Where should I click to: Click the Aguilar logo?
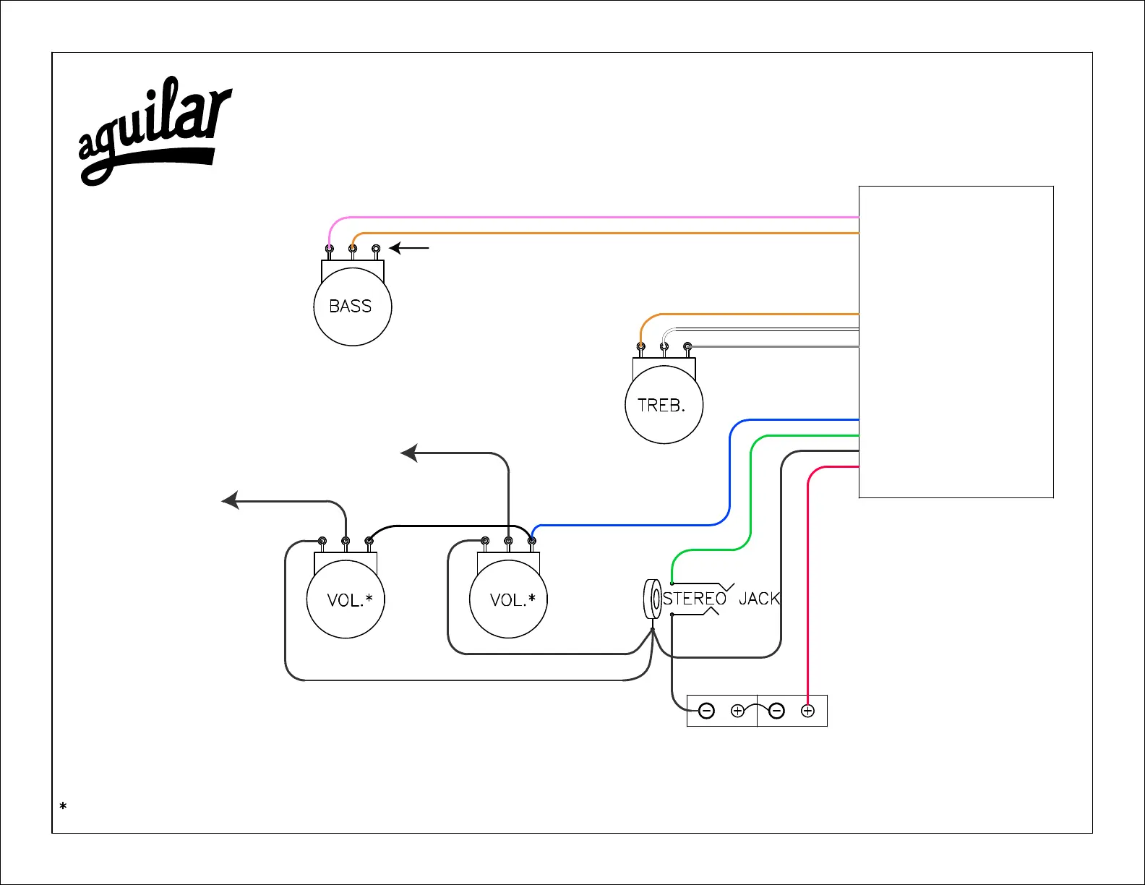pos(153,130)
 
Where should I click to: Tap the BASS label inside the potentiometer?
pos(351,307)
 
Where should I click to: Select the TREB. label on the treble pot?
pos(661,406)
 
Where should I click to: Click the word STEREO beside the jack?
pos(694,599)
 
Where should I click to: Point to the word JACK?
pos(759,599)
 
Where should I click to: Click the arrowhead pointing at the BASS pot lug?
pos(395,248)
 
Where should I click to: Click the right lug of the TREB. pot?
pos(687,347)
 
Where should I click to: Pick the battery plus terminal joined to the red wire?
pos(807,711)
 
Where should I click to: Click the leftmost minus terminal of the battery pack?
pos(707,711)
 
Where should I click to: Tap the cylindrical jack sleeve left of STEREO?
pos(652,599)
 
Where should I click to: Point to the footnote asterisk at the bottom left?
pos(64,805)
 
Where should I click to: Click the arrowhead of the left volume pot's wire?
pos(230,500)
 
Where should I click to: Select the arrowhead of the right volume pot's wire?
pos(409,453)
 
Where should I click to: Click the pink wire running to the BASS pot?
pos(578,217)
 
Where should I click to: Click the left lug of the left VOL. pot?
pos(322,541)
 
